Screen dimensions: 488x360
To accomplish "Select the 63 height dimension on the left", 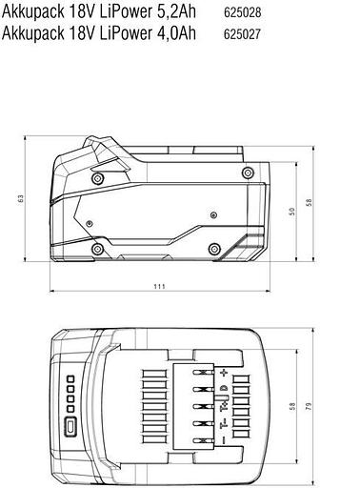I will (x=20, y=199).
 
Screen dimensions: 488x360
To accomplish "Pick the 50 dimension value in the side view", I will (x=293, y=211).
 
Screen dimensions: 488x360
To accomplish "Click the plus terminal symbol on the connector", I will (x=226, y=371).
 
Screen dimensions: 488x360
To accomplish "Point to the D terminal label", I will (x=226, y=389).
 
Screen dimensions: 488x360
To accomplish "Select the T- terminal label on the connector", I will (x=226, y=423).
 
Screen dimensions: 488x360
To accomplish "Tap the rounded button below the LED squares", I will (x=70, y=426).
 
